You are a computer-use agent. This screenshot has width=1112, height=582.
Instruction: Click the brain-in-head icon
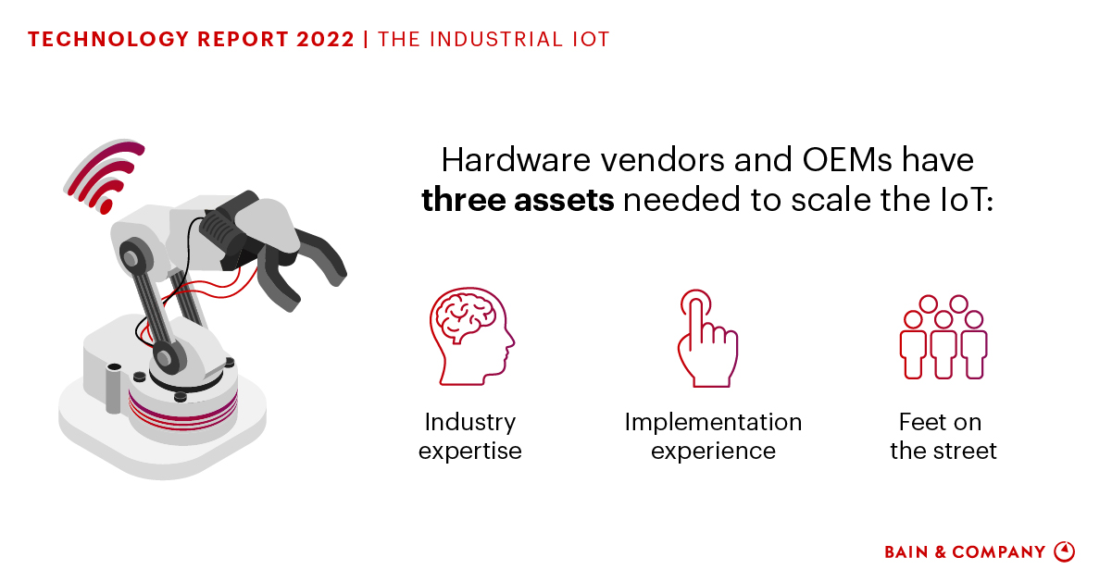coord(471,337)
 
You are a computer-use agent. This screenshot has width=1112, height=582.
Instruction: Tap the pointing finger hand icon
coord(707,340)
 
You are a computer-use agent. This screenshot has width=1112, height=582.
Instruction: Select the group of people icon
coord(943,338)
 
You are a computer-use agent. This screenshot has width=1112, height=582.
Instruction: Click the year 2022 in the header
coord(325,39)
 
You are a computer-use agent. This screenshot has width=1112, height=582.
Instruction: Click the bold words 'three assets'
coord(518,200)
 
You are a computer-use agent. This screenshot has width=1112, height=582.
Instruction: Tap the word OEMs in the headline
coord(847,160)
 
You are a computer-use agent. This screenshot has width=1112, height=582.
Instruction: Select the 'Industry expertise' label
coord(470,436)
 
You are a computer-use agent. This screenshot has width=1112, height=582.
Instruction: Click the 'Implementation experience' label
coord(713,436)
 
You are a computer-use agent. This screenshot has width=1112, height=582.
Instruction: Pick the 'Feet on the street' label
coord(943,436)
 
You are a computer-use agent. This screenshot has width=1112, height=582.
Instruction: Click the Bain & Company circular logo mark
coord(1065,551)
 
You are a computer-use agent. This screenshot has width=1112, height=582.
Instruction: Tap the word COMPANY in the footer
coord(998,551)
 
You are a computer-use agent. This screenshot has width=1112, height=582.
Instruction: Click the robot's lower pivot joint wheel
coord(169,357)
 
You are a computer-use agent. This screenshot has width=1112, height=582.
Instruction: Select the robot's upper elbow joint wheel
coord(134,258)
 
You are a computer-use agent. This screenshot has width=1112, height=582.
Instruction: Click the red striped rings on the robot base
coord(182,411)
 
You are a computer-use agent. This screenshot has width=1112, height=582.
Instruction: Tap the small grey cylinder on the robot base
coord(114,389)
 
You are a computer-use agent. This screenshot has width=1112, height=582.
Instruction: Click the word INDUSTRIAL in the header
coord(497,39)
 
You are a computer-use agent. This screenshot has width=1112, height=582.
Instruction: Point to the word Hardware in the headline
coord(517,160)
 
